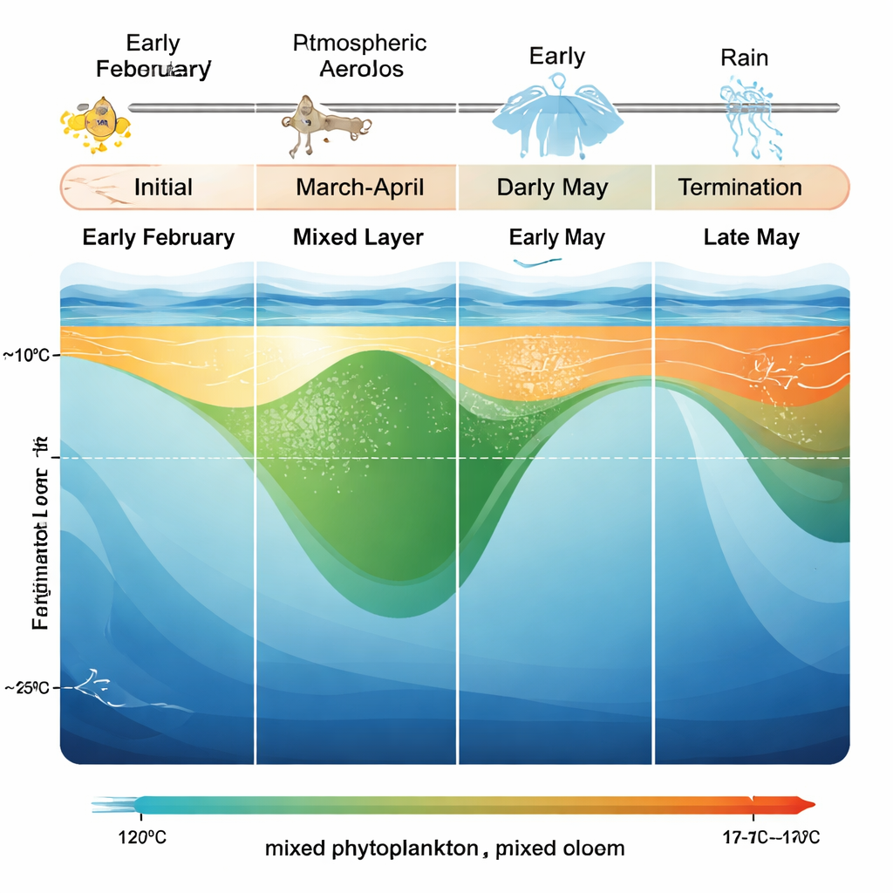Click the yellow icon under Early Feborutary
point(95,121)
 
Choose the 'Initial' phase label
point(163,187)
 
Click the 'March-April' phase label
point(358,187)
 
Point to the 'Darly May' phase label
point(552,187)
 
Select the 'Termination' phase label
point(740,187)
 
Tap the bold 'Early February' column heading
point(158,237)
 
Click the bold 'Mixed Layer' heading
point(358,237)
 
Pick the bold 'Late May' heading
point(751,237)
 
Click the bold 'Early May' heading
point(556,237)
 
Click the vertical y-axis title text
point(39,532)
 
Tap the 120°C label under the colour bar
point(141,838)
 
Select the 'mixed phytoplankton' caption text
point(372,848)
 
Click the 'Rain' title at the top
point(744,58)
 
